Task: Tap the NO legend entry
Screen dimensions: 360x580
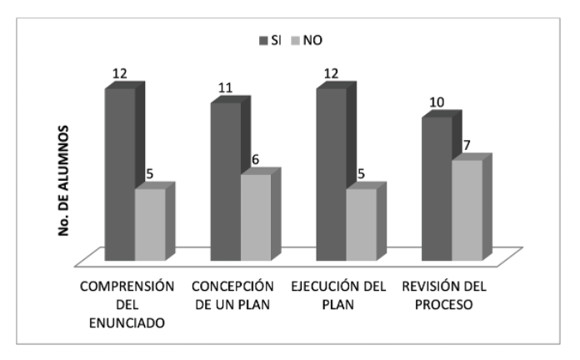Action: click(x=313, y=39)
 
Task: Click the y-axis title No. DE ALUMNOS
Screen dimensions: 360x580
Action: click(x=62, y=182)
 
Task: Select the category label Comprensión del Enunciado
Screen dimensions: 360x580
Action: click(x=127, y=303)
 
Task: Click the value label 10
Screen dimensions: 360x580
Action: click(x=437, y=103)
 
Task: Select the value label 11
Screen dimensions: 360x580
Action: click(x=226, y=87)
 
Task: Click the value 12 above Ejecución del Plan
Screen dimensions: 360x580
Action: click(x=331, y=73)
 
